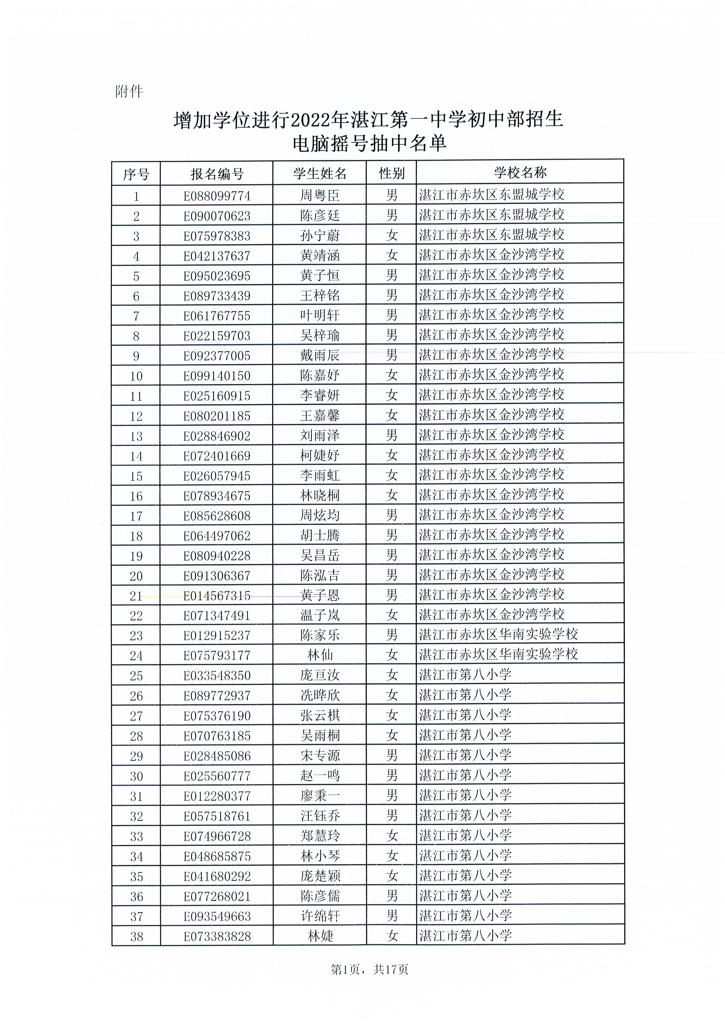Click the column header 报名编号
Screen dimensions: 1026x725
click(217, 174)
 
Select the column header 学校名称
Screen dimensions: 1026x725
click(520, 173)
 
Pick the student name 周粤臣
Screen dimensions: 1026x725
click(320, 196)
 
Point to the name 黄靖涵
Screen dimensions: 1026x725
click(320, 256)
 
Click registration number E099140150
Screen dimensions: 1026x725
click(217, 376)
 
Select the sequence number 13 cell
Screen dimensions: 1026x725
click(136, 436)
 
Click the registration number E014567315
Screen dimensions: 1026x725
click(217, 596)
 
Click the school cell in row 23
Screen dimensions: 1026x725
click(498, 635)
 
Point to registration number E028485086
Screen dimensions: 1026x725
click(217, 756)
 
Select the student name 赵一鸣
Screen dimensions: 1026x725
click(320, 776)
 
